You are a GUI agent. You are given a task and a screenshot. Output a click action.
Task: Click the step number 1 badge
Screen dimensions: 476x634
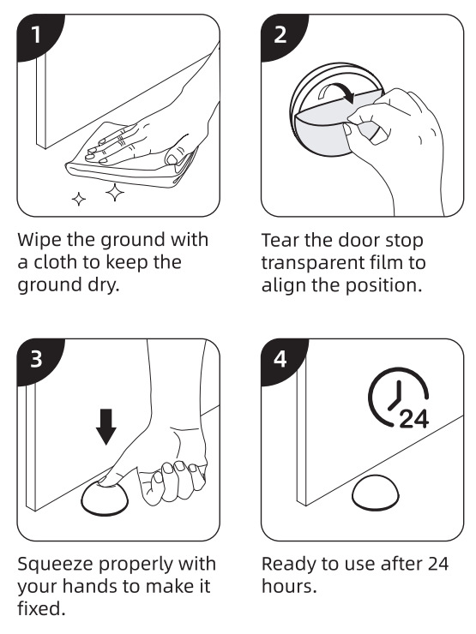36,35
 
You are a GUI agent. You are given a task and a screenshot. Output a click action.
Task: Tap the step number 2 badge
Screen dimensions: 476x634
280,35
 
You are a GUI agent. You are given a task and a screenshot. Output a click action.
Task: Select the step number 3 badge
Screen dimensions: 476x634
36,359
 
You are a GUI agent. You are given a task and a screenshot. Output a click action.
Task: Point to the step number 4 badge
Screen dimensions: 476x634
280,359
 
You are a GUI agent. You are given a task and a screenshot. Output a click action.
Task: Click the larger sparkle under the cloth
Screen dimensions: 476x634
115,193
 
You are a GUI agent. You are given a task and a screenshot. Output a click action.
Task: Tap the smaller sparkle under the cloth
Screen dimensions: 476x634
79,199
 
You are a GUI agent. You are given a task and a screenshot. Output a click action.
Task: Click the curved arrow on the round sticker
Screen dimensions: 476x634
336,93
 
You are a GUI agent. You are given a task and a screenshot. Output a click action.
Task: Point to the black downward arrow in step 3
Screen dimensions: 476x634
106,427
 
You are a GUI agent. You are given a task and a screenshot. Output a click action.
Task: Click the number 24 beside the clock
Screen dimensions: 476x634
413,419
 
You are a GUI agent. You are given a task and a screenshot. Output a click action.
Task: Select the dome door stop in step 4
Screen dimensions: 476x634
376,493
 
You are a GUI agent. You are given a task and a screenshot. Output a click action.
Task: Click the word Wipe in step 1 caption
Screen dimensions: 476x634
39,239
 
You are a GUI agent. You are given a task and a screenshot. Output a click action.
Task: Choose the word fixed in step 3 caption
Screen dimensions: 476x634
41,608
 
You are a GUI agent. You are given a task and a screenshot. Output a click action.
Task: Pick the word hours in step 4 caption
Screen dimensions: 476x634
289,586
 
